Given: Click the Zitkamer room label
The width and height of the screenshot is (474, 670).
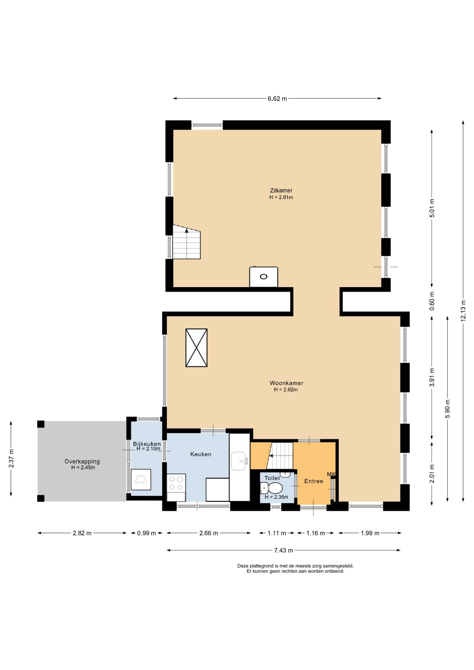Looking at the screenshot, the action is [x=281, y=191].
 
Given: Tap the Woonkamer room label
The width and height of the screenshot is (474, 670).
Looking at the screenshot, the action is [x=286, y=383].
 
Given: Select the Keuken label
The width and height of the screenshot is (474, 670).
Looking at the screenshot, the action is [x=201, y=454].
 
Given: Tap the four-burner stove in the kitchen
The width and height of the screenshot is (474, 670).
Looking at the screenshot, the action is [x=176, y=483].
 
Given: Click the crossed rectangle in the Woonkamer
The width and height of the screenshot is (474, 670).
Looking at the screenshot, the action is [x=197, y=348].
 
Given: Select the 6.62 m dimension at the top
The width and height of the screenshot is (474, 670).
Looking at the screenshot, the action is [x=277, y=98].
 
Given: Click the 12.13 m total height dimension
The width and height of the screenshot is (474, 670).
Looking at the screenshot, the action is [x=463, y=311].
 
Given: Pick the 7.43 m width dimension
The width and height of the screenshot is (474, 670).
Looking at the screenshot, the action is [x=283, y=550].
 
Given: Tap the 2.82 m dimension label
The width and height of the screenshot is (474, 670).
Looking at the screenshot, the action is [x=82, y=533].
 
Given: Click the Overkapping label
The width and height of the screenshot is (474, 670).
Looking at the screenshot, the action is [x=82, y=461].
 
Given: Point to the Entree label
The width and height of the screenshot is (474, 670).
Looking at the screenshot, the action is [x=313, y=481].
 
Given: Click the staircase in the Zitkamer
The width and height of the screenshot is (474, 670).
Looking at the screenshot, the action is [x=187, y=242].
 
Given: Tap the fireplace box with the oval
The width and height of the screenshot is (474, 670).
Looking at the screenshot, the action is [x=264, y=277].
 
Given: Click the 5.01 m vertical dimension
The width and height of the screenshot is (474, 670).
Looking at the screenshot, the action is [x=432, y=208].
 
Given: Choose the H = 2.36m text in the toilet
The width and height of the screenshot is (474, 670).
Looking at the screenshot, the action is [x=276, y=497].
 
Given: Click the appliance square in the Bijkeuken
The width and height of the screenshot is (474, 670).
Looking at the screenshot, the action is [x=141, y=480].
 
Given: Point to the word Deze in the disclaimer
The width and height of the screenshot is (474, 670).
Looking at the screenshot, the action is [x=243, y=566].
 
